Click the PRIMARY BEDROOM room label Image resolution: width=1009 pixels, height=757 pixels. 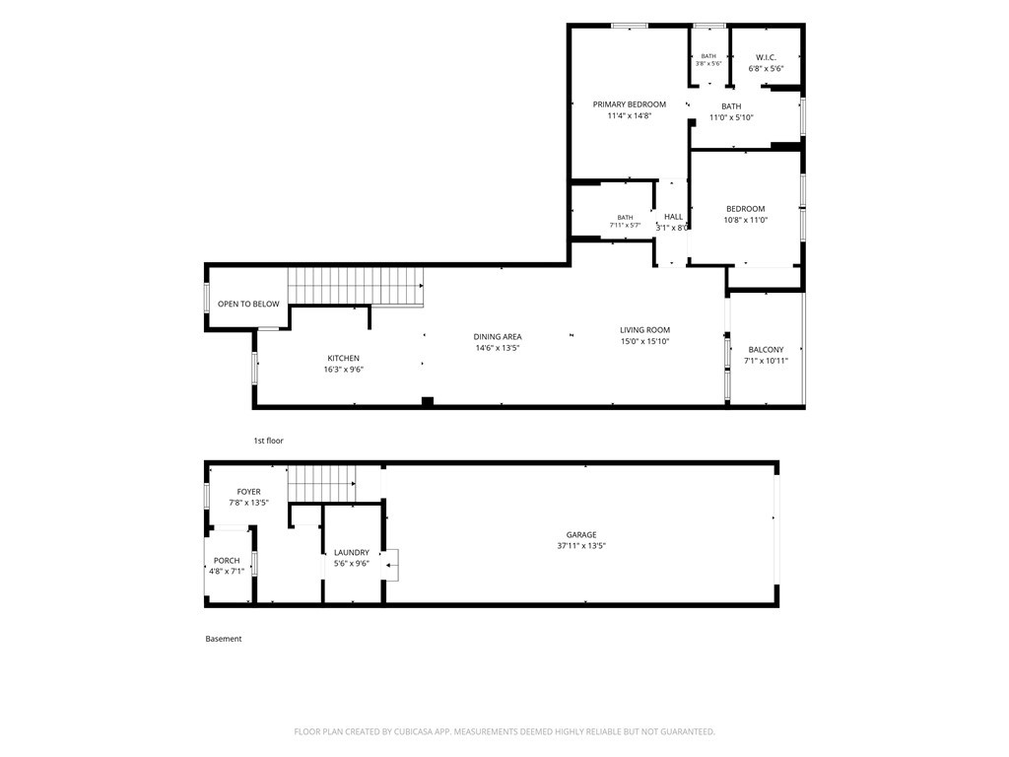click(630, 104)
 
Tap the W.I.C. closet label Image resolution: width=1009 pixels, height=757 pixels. click(766, 57)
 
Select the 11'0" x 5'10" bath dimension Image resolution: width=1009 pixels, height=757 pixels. click(731, 118)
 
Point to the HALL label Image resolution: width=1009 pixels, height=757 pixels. click(674, 217)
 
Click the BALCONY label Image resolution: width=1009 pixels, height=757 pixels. click(766, 350)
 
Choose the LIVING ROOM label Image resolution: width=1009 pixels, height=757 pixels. click(644, 330)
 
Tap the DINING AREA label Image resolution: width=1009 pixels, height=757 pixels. click(498, 337)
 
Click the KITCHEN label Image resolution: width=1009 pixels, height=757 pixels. click(344, 358)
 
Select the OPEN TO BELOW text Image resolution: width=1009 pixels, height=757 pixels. click(248, 304)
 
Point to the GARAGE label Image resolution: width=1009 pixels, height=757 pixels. click(581, 535)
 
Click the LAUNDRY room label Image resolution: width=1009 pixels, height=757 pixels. click(352, 552)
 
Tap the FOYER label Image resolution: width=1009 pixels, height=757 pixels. click(248, 492)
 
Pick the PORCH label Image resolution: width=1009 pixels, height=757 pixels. click(227, 561)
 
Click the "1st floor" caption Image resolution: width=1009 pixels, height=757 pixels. click(268, 441)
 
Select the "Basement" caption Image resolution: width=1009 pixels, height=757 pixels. click(224, 639)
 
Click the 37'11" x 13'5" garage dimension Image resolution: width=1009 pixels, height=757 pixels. click(581, 546)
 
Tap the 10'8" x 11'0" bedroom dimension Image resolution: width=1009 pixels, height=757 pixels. click(745, 220)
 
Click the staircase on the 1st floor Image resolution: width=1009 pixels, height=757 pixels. click(355, 286)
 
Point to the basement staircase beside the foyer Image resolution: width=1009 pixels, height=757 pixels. click(321, 483)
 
